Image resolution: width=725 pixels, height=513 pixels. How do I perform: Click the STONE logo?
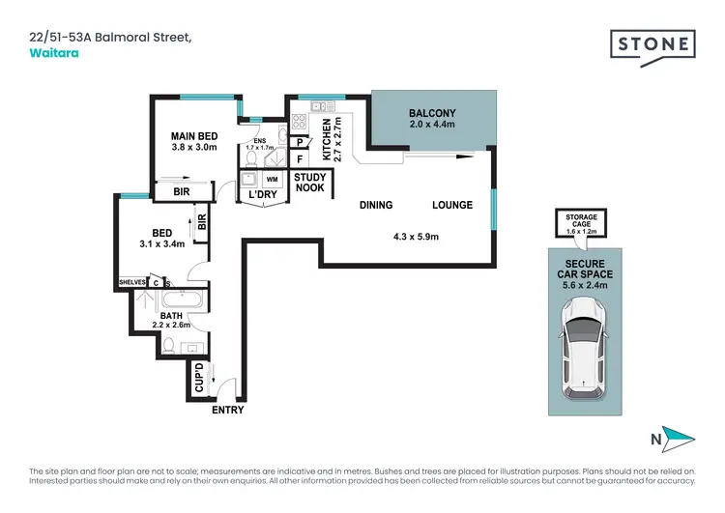click(652, 43)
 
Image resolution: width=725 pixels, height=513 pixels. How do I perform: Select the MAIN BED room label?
click(194, 135)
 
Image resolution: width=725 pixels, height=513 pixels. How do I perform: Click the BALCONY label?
click(431, 113)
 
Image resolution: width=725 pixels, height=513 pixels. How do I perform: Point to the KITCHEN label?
click(327, 141)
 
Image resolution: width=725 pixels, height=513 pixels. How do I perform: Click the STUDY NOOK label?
click(309, 182)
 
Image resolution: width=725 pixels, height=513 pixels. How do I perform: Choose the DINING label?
click(375, 205)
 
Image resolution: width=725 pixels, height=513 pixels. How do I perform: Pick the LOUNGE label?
click(451, 205)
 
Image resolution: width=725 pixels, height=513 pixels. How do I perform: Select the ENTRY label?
click(228, 410)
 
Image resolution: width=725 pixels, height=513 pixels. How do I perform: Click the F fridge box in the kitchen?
click(301, 159)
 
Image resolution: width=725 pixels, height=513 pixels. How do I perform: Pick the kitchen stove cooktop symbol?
click(300, 123)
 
